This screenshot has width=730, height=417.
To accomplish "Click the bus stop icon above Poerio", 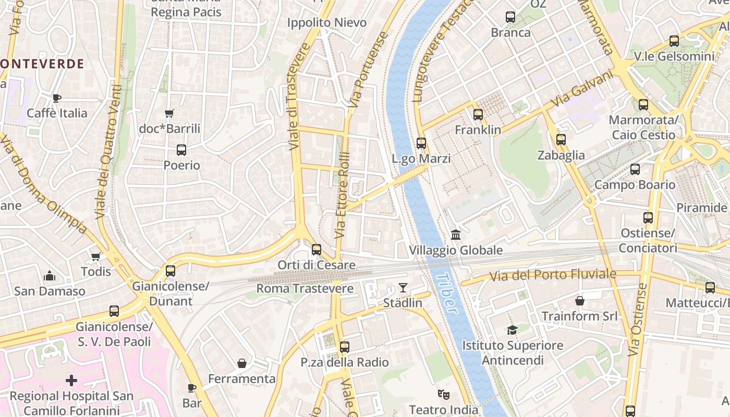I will point(181,150).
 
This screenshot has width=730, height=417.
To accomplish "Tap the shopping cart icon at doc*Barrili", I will point(169,113).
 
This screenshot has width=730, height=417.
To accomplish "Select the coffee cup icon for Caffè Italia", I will point(57,97).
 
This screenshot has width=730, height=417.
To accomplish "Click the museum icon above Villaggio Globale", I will point(456,235).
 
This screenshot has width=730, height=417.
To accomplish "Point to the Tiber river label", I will point(446,293).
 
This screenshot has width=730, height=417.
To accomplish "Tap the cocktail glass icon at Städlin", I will point(403,288).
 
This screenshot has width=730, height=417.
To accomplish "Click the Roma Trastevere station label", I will point(305,289).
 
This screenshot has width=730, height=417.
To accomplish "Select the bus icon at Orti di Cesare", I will point(316,250).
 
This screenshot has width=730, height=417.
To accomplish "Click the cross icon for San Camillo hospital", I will point(71,381).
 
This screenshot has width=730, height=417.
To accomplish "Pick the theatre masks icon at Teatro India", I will point(443,394).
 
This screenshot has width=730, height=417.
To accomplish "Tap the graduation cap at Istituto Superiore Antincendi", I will point(512,330).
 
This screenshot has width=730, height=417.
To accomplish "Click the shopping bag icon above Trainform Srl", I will point(579,301).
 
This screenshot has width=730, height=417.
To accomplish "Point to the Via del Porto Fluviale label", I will point(552,275).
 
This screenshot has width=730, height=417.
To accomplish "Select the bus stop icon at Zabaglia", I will point(561,140).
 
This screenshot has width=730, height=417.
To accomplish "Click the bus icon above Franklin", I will point(478,115).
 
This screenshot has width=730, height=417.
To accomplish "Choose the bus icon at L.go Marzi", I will point(421,143).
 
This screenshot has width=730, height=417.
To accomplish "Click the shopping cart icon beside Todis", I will point(95,256).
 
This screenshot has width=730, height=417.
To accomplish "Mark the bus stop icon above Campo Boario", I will point(635,169).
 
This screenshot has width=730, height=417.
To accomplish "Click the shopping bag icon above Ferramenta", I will point(242,363).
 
